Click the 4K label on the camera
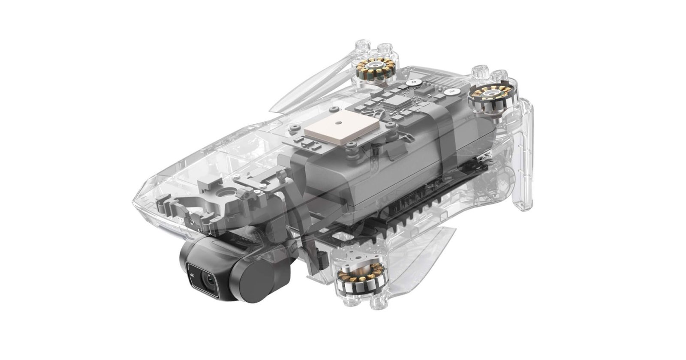190,273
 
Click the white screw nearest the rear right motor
451,91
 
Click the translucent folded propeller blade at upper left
313,86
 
